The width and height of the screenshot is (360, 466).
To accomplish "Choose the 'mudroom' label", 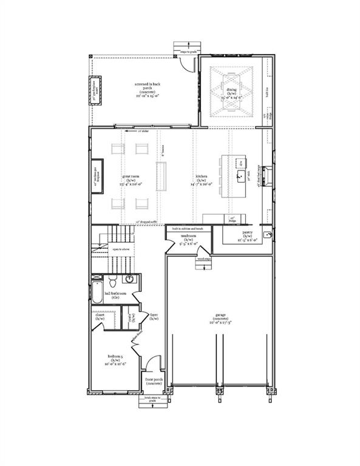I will (x=188, y=238).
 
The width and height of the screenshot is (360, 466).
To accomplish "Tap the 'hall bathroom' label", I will (x=114, y=296).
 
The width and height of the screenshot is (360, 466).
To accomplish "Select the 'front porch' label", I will (x=152, y=381).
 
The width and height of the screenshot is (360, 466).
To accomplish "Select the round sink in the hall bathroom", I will (x=130, y=280).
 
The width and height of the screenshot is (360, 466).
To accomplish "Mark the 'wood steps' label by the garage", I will (x=203, y=258).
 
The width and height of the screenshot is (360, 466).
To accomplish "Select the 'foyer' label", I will (x=154, y=317).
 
